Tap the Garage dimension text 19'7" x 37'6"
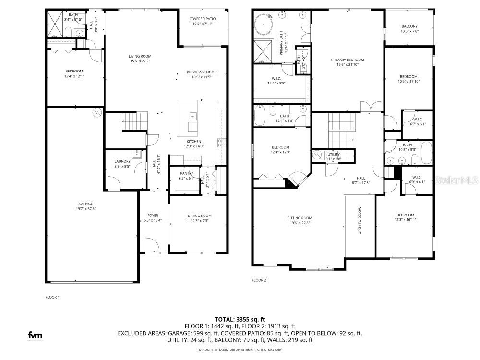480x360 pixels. [86, 209]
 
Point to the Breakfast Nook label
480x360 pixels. [202, 72]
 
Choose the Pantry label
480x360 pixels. [187, 173]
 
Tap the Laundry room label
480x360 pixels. [122, 161]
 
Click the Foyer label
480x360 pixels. [153, 216]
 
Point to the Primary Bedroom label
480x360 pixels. [348, 60]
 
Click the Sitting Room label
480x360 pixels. [300, 218]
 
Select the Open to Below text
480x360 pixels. [360, 220]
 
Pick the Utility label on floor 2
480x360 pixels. [334, 154]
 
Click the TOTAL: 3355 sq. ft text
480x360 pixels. [240, 319]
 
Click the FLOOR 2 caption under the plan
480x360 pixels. [259, 280]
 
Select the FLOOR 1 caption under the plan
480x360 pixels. [52, 297]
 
